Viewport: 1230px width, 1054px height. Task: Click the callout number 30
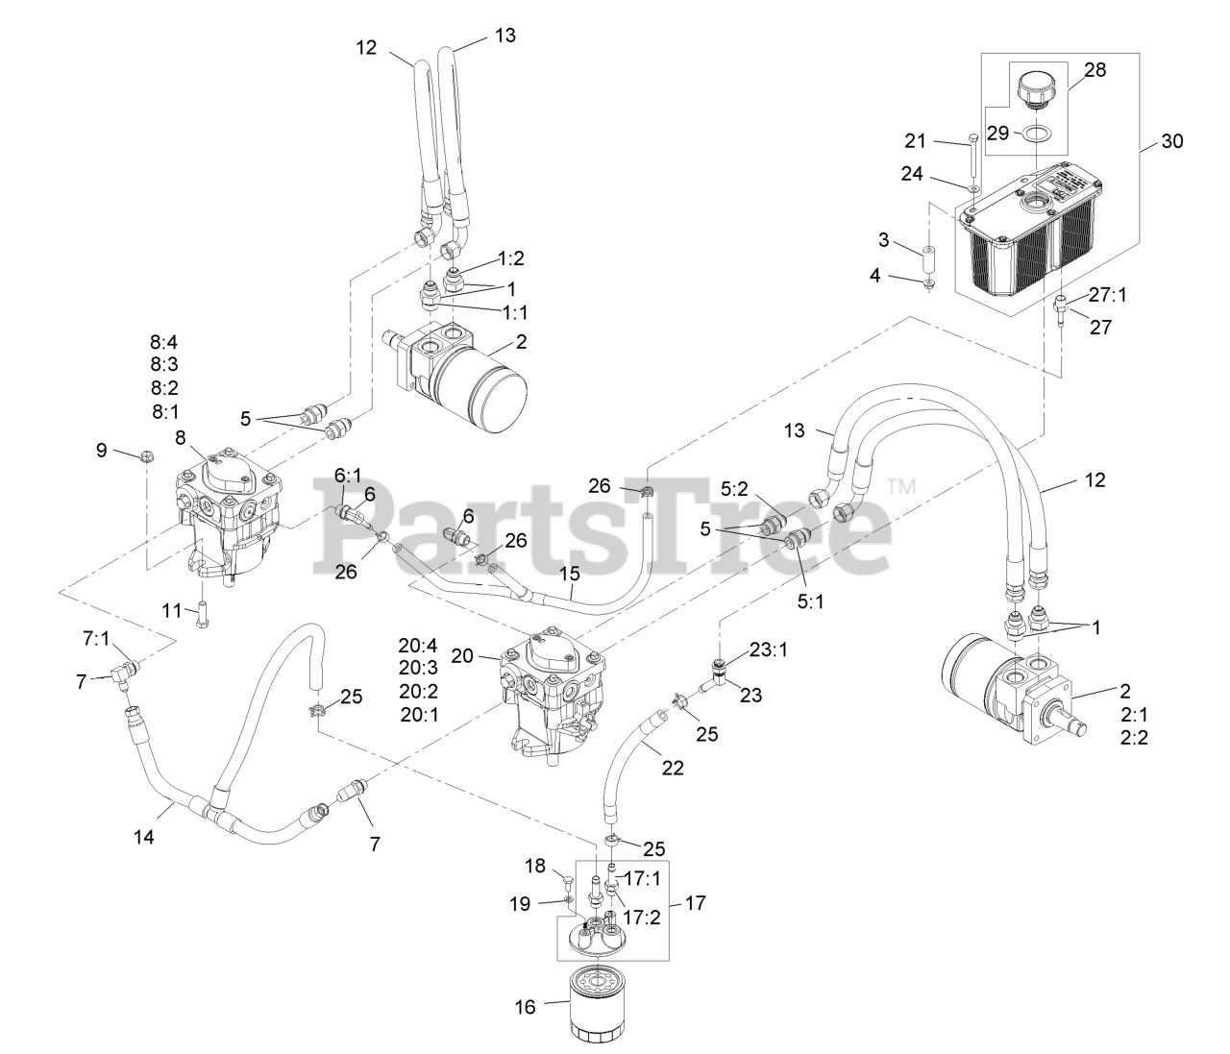click(x=1171, y=141)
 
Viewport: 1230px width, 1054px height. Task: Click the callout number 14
click(x=143, y=836)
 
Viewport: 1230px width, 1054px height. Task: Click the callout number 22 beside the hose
click(x=672, y=768)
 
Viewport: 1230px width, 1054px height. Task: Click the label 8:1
click(x=165, y=411)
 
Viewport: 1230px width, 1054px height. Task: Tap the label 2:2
click(x=1134, y=738)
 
